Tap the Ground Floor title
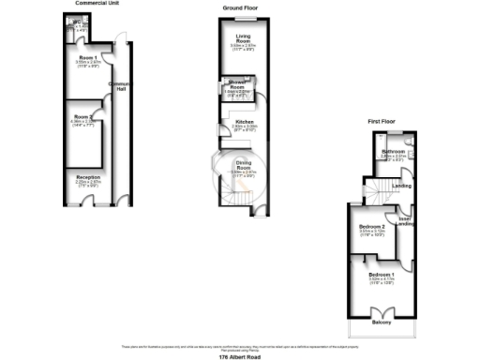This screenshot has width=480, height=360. tap(241, 7)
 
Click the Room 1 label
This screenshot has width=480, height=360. tap(89, 59)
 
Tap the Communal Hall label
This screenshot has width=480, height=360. tap(117, 86)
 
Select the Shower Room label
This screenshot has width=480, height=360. tap(232, 89)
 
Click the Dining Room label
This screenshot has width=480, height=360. tap(244, 164)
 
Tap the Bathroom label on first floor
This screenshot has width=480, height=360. tap(393, 152)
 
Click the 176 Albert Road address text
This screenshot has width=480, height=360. tap(238, 357)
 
